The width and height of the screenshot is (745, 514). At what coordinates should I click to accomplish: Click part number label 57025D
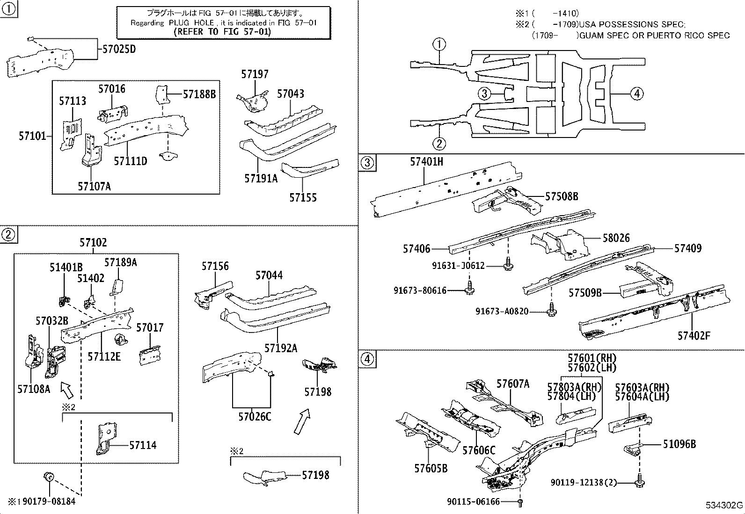click(119, 49)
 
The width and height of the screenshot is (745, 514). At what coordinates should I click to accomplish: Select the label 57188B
click(199, 94)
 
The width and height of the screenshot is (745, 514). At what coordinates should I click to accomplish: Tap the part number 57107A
click(95, 186)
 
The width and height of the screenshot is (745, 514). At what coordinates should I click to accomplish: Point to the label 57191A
click(261, 178)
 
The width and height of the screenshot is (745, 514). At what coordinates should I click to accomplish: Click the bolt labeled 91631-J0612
click(508, 265)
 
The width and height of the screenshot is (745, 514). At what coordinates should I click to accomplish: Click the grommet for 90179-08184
click(49, 477)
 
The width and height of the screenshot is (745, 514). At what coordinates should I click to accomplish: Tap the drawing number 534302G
click(724, 506)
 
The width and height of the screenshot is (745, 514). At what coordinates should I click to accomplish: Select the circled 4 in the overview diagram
click(636, 94)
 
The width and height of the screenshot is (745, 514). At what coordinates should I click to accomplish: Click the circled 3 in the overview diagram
click(484, 94)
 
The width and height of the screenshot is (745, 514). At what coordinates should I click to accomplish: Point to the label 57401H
click(426, 162)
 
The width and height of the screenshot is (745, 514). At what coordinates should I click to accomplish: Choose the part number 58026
click(616, 238)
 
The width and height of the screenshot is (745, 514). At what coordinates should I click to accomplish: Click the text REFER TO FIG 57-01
click(222, 32)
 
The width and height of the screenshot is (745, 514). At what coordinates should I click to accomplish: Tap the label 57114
click(143, 445)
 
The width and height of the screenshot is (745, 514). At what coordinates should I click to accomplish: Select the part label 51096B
click(679, 444)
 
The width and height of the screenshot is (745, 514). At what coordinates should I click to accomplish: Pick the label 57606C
click(479, 450)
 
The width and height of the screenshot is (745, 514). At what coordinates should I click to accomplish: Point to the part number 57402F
click(694, 335)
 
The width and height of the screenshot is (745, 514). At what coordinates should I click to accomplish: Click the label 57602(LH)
click(592, 368)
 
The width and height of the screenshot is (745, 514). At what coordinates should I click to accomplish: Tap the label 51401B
click(66, 268)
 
